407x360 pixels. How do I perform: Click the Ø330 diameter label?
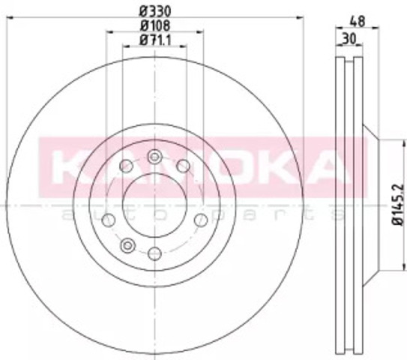155,11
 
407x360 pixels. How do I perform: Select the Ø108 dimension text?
155,25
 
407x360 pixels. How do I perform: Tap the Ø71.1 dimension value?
155,40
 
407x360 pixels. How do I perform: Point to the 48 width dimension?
358,21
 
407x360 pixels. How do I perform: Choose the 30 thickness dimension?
349,39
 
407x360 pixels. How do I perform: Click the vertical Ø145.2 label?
397,204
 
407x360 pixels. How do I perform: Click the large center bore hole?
154,205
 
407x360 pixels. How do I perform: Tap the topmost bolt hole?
154,157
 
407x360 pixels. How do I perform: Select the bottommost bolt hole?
154,253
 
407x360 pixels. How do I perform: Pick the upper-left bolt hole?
127,166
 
